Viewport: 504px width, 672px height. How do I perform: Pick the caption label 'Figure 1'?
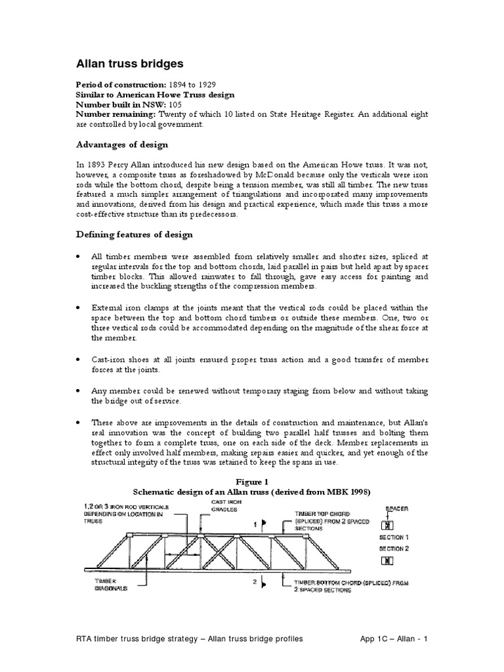pyautogui.click(x=252, y=481)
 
